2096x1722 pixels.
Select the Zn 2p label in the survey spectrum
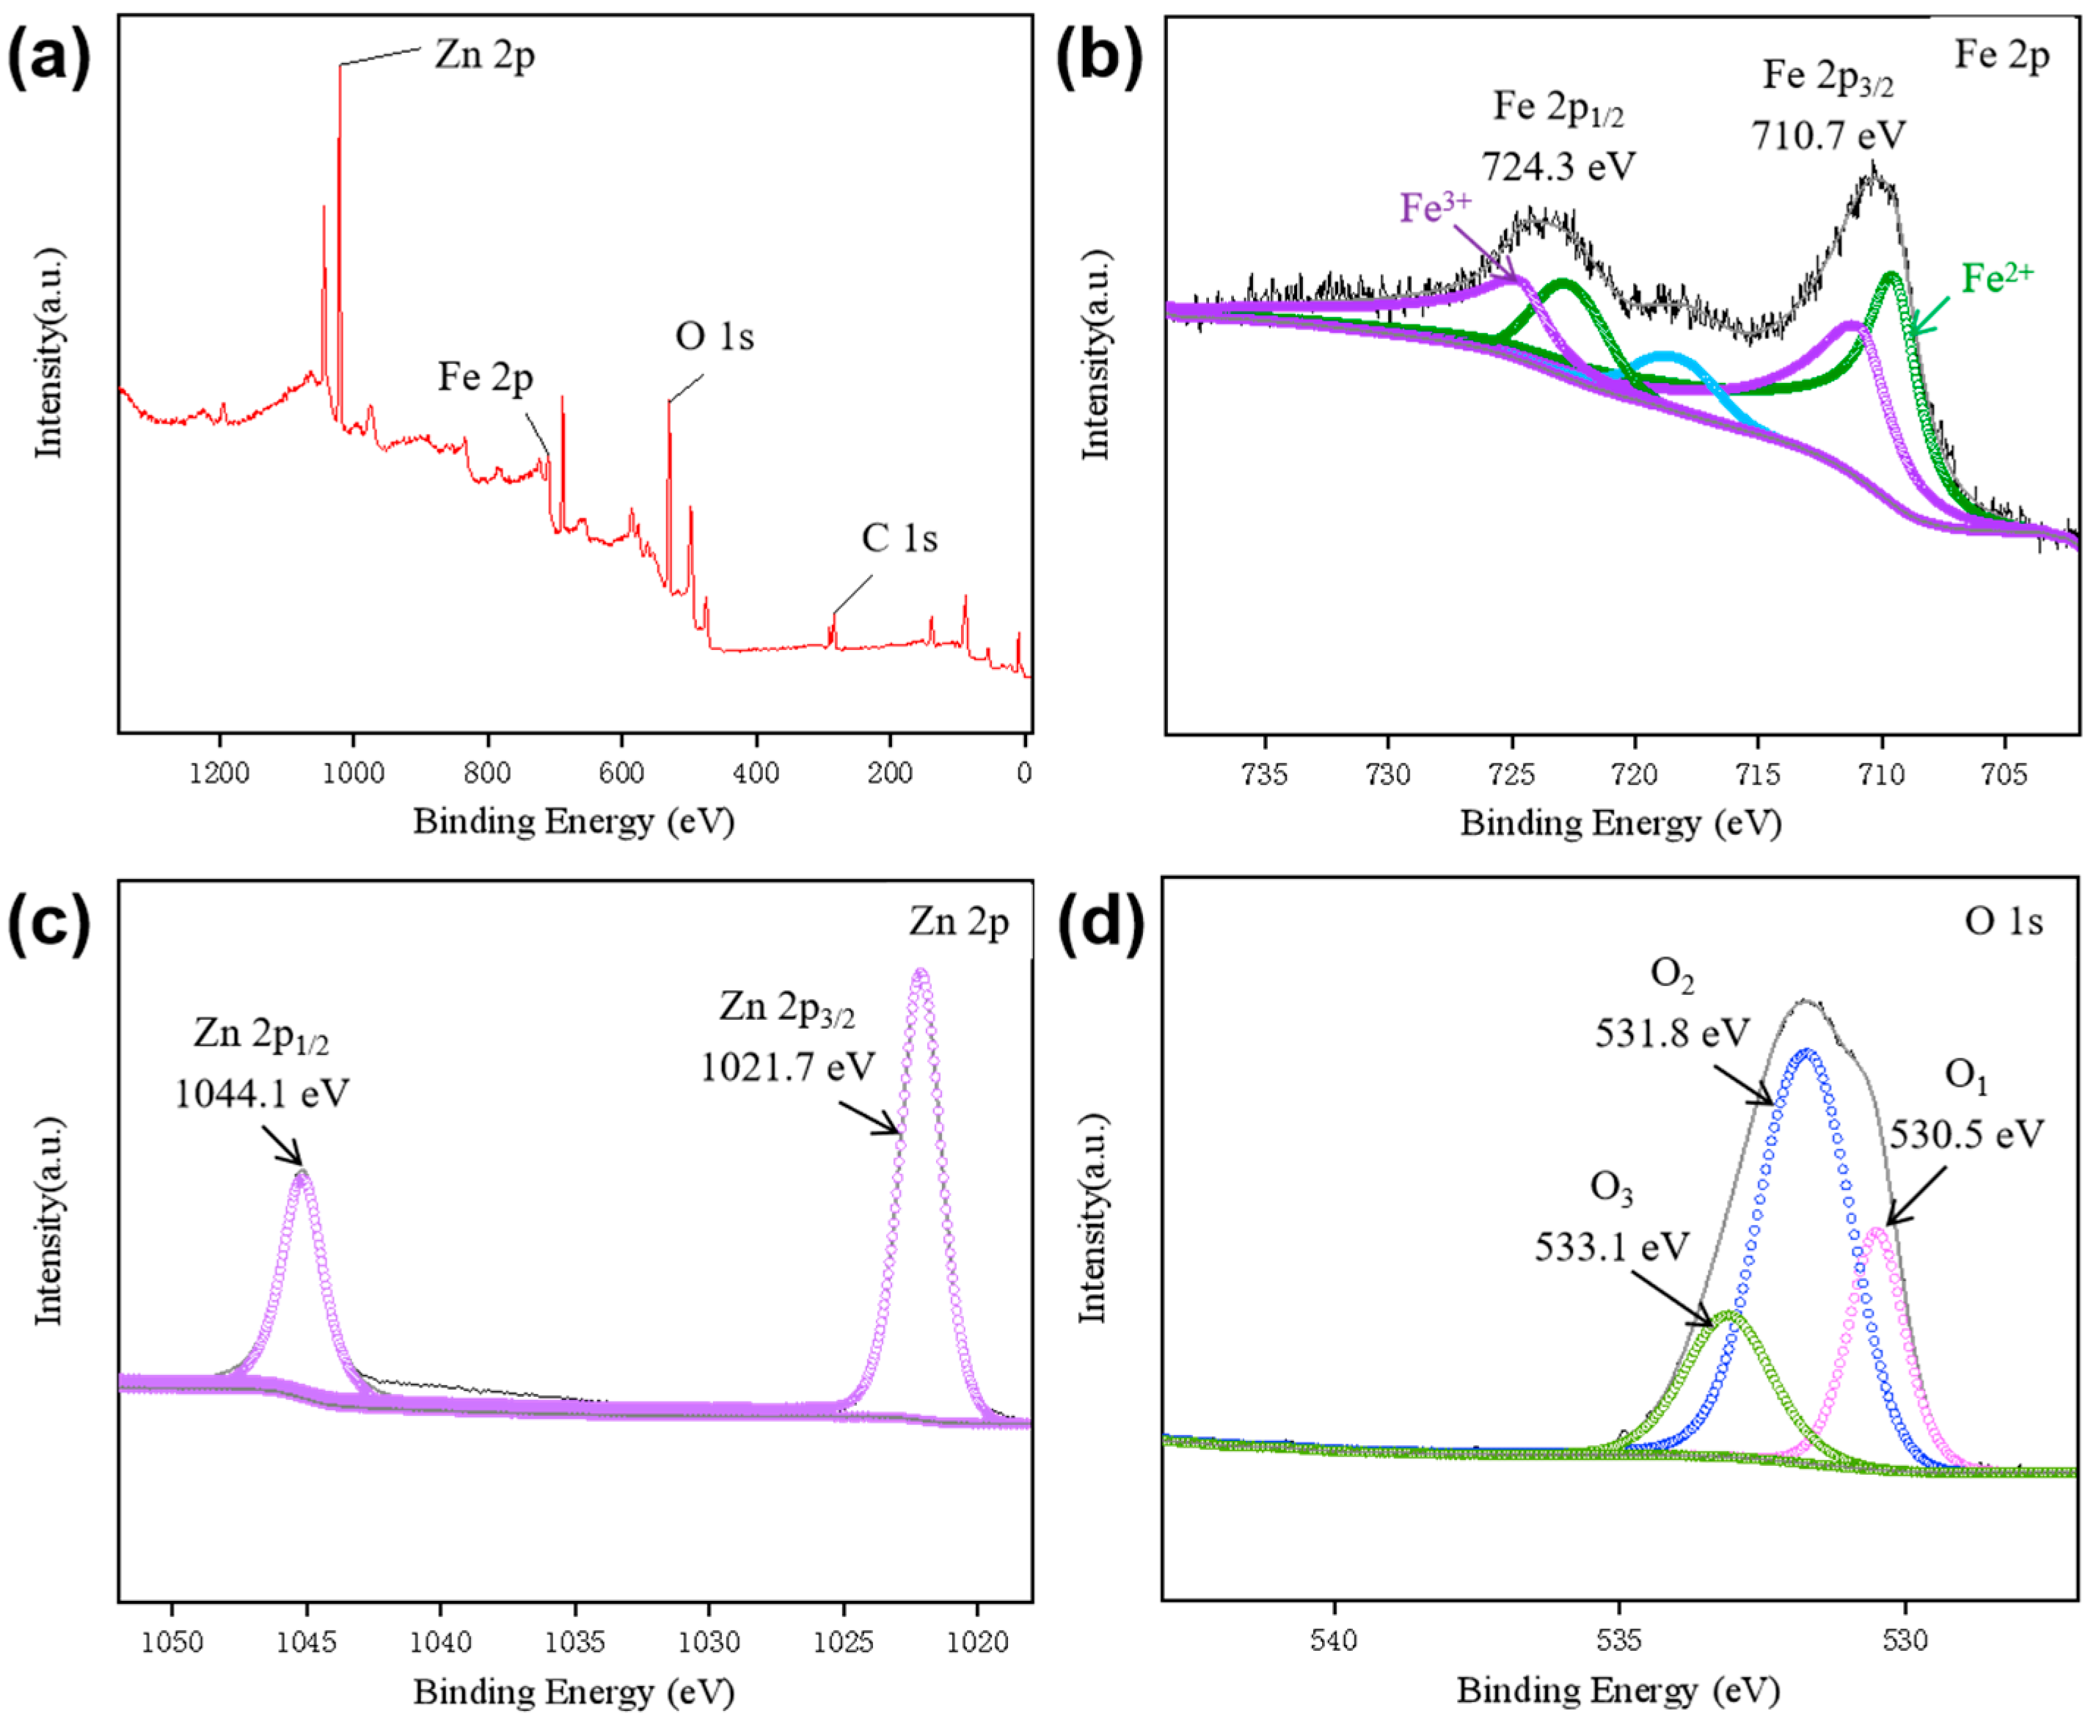tap(484, 54)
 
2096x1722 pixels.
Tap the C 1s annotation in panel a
tap(899, 539)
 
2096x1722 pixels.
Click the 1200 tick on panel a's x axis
tap(219, 772)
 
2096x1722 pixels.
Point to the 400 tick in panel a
tap(756, 772)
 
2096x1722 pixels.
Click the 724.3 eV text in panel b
tap(1558, 167)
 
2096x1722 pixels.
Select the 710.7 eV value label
tap(1828, 135)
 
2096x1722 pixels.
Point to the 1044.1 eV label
tap(262, 1094)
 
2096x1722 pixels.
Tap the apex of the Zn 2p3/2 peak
tap(921, 973)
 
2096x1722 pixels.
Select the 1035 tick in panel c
tap(574, 1641)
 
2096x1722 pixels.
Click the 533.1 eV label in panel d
tap(1611, 1247)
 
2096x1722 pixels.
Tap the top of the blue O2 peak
tap(1808, 1052)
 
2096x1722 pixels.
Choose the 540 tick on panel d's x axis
tap(1334, 1640)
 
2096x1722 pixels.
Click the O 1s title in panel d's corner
tap(2004, 922)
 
